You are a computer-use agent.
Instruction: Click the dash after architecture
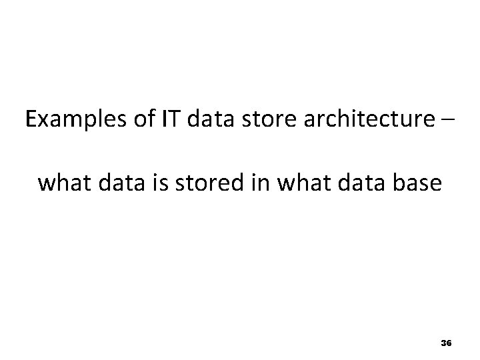pyautogui.click(x=447, y=121)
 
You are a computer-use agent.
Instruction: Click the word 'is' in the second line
pyautogui.click(x=155, y=182)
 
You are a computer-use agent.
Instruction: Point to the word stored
pyautogui.click(x=199, y=182)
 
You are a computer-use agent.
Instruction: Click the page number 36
pyautogui.click(x=446, y=343)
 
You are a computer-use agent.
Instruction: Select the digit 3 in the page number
pyautogui.click(x=443, y=343)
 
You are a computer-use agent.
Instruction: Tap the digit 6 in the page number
pyautogui.click(x=449, y=343)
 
